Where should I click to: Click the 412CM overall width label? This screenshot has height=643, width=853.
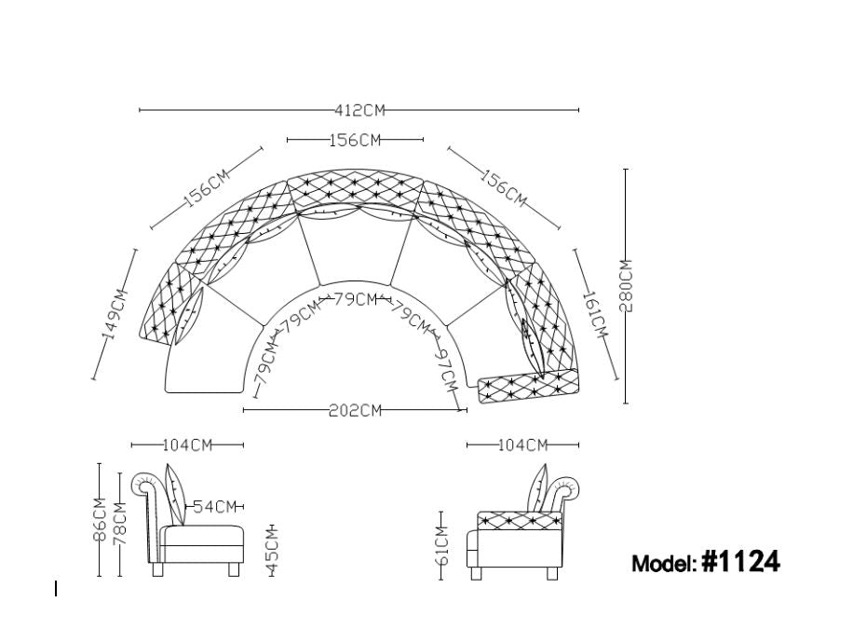click(359, 111)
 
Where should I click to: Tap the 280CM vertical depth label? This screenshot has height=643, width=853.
click(628, 285)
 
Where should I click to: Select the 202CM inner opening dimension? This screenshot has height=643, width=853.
click(355, 410)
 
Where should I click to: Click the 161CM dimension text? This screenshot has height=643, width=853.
click(595, 314)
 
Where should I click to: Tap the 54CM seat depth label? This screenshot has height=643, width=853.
click(215, 507)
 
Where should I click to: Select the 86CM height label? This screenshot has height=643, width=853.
click(100, 519)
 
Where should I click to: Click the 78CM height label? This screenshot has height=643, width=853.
click(120, 525)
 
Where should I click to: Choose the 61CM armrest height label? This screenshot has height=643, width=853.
click(441, 544)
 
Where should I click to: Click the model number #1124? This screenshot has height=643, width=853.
click(741, 561)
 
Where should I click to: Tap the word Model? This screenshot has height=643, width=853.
click(663, 564)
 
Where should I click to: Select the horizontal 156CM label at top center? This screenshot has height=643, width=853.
click(355, 141)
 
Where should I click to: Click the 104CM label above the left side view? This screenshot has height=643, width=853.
click(188, 445)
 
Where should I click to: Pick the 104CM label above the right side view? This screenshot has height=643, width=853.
click(522, 445)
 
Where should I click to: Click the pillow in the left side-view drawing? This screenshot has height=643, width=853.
click(175, 494)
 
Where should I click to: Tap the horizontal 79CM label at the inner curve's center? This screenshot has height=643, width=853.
click(355, 299)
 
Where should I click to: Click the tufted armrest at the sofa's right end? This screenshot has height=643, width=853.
click(527, 386)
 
